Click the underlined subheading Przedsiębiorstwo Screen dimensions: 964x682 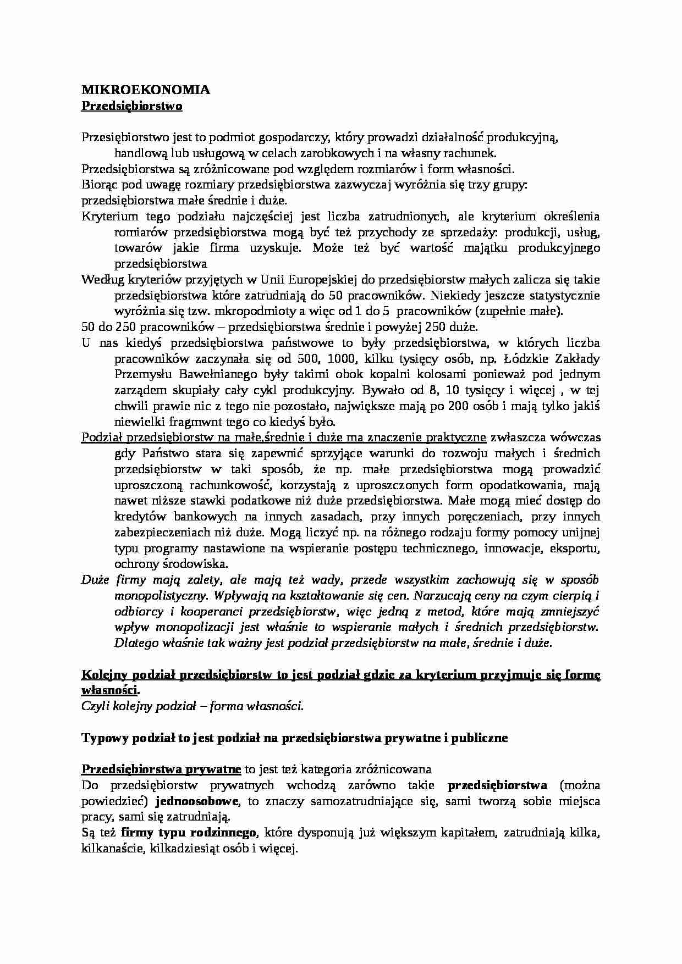(132, 106)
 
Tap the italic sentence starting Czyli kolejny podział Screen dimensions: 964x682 (193, 706)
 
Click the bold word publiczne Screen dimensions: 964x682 (478, 738)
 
